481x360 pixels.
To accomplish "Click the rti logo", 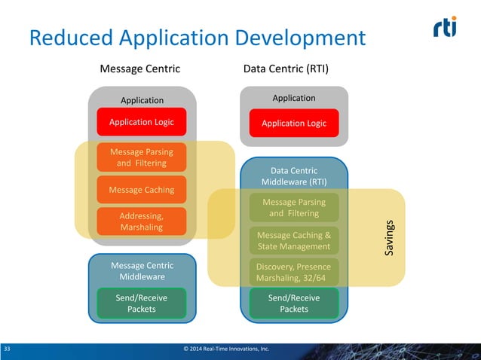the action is click(x=445, y=26).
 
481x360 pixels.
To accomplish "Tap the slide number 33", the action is click(x=7, y=349).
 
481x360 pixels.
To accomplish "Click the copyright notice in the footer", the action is click(x=226, y=349).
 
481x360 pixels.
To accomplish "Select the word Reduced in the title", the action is click(x=71, y=38).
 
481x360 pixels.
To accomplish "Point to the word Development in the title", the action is click(x=300, y=38).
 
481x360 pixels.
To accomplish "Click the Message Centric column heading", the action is click(x=140, y=69).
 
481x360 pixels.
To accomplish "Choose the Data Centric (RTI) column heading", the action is click(x=286, y=69).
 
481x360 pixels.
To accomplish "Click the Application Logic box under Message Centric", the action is click(x=142, y=122).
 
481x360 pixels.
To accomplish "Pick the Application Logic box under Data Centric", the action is click(x=294, y=124).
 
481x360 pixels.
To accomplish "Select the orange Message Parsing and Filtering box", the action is click(x=142, y=157).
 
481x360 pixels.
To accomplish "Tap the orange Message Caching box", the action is click(x=142, y=190).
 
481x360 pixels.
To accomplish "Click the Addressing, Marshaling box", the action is click(x=142, y=221).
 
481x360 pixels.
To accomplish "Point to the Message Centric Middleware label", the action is click(x=142, y=271).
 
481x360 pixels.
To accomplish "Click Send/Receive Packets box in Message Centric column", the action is click(x=142, y=304).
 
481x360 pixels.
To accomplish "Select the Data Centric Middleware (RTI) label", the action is click(x=294, y=176).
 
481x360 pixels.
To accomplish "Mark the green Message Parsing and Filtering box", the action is click(x=294, y=207).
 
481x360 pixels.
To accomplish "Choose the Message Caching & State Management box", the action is click(x=294, y=240).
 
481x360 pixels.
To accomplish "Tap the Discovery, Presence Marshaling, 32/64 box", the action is click(x=294, y=273).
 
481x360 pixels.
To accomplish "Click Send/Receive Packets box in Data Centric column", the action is click(x=294, y=304).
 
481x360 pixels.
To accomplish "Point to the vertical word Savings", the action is click(x=389, y=238).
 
